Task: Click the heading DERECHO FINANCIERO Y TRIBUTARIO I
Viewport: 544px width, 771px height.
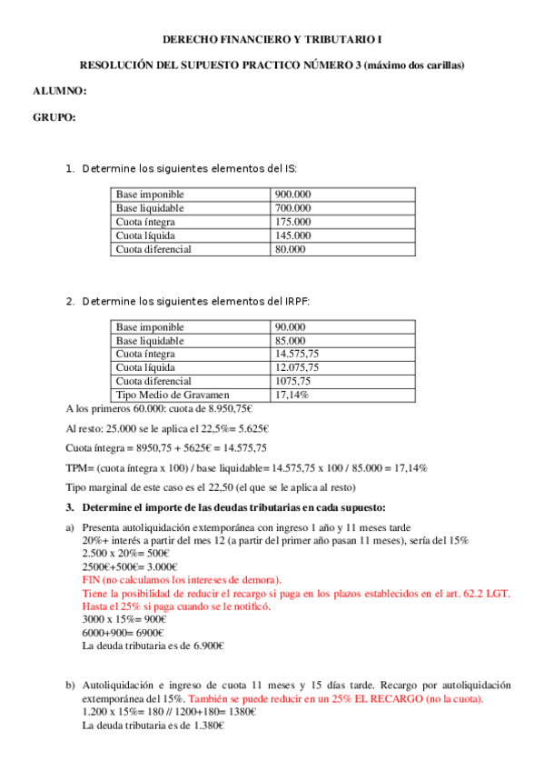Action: click(x=272, y=41)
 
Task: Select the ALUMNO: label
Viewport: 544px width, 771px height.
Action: click(x=59, y=91)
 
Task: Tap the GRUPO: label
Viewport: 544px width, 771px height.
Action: click(x=54, y=117)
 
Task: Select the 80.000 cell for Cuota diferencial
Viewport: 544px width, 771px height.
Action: click(x=290, y=249)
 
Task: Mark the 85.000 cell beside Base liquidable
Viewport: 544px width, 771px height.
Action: click(x=290, y=341)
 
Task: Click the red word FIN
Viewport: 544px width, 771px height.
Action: click(x=91, y=579)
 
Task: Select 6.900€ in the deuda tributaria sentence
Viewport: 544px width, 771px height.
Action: click(x=206, y=646)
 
